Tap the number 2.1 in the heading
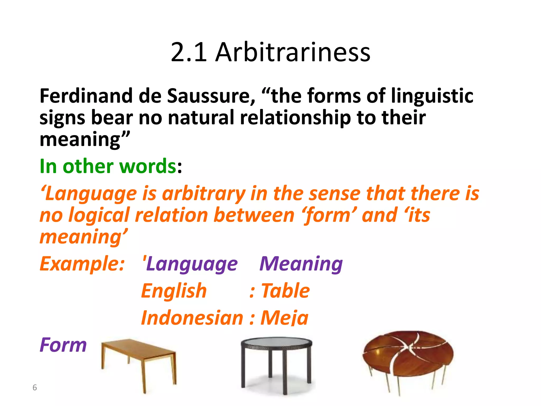189,52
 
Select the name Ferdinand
86,96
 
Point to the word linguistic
432,96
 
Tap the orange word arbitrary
204,194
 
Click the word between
254,215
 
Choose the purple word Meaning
301,264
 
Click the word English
174,291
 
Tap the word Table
285,291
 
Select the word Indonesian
192,318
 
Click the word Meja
285,318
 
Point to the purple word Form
63,345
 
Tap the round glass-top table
276,362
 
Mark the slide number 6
35,387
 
